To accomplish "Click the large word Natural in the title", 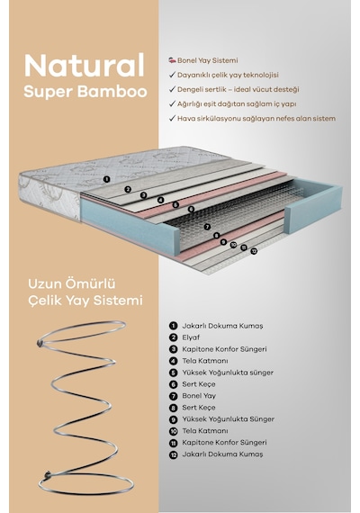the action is pyautogui.click(x=85, y=66).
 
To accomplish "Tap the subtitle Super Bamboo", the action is pyautogui.click(x=85, y=92).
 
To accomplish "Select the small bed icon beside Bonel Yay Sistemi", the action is pyautogui.click(x=172, y=60).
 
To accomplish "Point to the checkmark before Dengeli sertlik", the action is pyautogui.click(x=173, y=89).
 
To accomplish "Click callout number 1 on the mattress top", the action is pyautogui.click(x=106, y=179).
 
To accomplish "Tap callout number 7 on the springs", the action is pyautogui.click(x=207, y=227).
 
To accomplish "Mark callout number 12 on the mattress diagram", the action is pyautogui.click(x=254, y=251).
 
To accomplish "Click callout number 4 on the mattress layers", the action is pyautogui.click(x=160, y=200).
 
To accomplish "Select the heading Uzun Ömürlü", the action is pyautogui.click(x=72, y=283).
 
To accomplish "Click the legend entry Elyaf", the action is pyautogui.click(x=191, y=337).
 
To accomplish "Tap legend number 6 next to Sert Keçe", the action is pyautogui.click(x=173, y=384).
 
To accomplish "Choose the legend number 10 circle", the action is pyautogui.click(x=173, y=431).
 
